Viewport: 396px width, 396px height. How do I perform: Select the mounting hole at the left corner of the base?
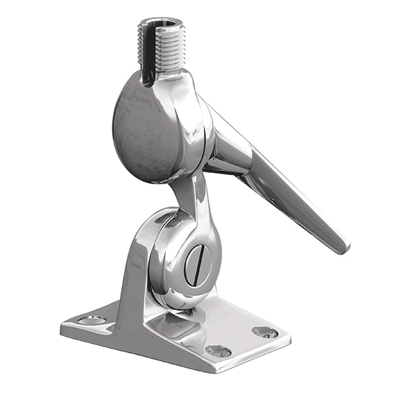tap(92, 320)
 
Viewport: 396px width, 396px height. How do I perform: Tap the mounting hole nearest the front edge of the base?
tap(217, 350)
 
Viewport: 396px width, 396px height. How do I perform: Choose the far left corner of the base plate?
tap(62, 327)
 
